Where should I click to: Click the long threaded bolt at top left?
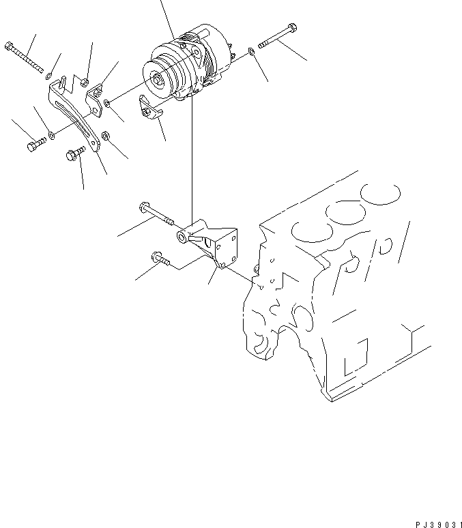tap(24, 57)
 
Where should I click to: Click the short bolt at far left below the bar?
tap(35, 145)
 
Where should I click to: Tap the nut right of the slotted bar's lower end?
tap(105, 136)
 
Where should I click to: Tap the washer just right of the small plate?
tap(108, 104)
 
